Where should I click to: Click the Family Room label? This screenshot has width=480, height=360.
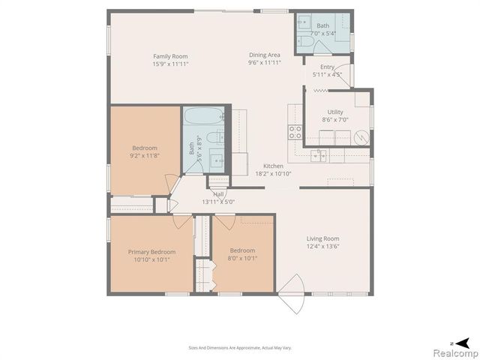pyautogui.click(x=170, y=56)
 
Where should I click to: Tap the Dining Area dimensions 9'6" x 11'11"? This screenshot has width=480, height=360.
pyautogui.click(x=265, y=64)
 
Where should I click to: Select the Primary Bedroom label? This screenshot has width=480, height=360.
pyautogui.click(x=151, y=252)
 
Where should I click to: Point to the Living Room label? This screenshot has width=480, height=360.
pyautogui.click(x=322, y=238)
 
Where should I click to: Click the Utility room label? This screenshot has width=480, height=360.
pyautogui.click(x=335, y=112)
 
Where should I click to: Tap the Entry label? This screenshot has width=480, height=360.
pyautogui.click(x=322, y=67)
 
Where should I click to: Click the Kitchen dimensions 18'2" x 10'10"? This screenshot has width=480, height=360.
pyautogui.click(x=272, y=174)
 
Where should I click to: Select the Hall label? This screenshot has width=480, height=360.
pyautogui.click(x=218, y=193)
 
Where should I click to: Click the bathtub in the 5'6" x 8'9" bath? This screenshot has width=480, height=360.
pyautogui.click(x=203, y=118)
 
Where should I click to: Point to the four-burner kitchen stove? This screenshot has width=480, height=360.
pyautogui.click(x=295, y=132)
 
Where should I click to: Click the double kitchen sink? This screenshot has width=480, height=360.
pyautogui.click(x=319, y=155)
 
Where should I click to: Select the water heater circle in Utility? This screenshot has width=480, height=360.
pyautogui.click(x=361, y=138)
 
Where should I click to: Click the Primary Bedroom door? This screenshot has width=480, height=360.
pyautogui.click(x=181, y=221)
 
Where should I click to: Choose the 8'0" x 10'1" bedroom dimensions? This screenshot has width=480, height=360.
pyautogui.click(x=242, y=259)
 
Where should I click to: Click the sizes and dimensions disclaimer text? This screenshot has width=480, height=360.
pyautogui.click(x=239, y=347)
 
